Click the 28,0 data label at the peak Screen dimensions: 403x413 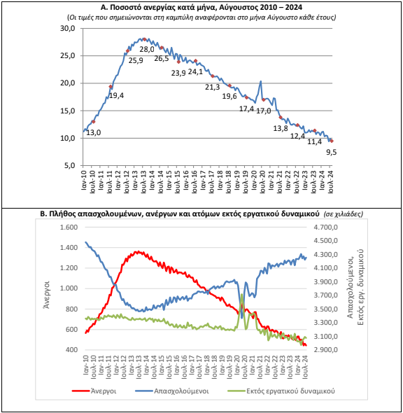147,49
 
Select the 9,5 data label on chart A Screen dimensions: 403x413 332,152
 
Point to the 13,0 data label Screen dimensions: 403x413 94,132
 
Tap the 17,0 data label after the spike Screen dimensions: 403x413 264,111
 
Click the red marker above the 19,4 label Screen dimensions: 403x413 111,87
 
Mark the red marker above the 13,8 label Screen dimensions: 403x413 281,118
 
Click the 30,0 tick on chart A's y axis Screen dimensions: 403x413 68,28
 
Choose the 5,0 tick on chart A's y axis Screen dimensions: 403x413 69,166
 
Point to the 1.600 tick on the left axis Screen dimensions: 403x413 69,227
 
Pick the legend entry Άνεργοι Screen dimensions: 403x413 94,391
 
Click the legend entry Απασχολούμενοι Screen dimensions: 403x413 172,391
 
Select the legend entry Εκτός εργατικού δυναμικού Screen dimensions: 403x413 281,391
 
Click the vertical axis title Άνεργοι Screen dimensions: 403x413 47,295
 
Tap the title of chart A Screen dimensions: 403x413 201,7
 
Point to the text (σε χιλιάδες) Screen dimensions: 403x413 344,214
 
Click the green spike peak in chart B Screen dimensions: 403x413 241,294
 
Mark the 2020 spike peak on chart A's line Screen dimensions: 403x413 260,81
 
